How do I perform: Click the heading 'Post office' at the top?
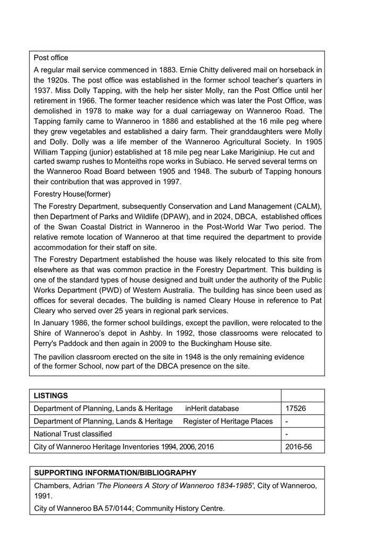(51, 58)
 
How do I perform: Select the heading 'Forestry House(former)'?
(72, 194)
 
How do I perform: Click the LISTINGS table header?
(51, 396)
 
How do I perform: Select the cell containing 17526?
(295, 409)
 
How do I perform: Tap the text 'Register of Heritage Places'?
(228, 421)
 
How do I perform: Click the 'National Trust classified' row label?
(73, 434)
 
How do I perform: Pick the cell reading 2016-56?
(298, 446)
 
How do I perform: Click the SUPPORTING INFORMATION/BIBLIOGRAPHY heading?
(115, 473)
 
